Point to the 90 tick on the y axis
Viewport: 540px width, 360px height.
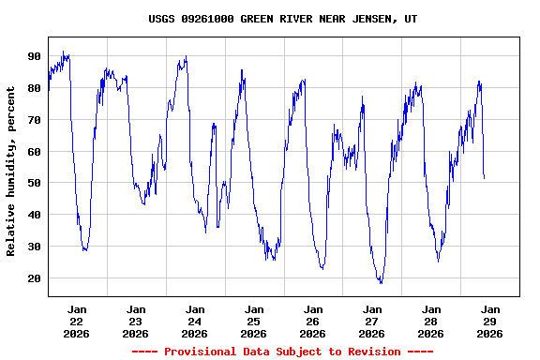tap(35, 56)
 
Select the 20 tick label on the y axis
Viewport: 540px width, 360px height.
tap(35, 278)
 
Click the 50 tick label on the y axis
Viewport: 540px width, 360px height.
tap(35, 183)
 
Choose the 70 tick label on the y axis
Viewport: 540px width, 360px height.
tap(35, 120)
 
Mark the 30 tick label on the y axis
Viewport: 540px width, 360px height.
tap(35, 247)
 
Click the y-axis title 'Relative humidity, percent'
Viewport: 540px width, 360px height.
tap(11, 172)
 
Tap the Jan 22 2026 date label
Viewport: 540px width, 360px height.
tap(77, 321)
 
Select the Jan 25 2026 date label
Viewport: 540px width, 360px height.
tap(253, 321)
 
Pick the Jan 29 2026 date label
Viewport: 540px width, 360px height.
tap(489, 321)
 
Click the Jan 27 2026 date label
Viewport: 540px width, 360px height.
tap(371, 321)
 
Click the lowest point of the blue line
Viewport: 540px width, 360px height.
tap(381, 282)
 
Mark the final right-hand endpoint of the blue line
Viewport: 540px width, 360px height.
tap(484, 178)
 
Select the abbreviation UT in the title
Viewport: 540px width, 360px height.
tap(411, 19)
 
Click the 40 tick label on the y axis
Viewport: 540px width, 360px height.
tap(35, 215)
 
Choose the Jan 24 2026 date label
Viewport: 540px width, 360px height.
tap(195, 321)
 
